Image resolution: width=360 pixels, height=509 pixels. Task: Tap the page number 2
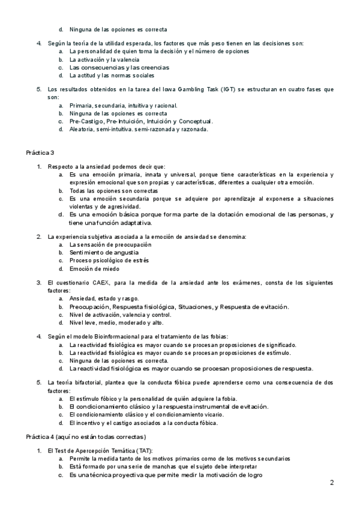click(x=332, y=483)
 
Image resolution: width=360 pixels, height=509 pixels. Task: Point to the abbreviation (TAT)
click(x=143, y=450)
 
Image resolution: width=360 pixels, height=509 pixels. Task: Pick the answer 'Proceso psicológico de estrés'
click(x=109, y=261)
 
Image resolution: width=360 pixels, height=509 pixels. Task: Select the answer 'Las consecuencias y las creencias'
click(x=110, y=68)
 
